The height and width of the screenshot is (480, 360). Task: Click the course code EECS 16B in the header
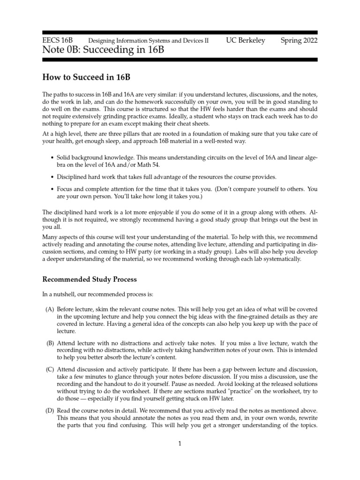pyautogui.click(x=60, y=40)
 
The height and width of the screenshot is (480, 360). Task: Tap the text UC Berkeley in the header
pyautogui.click(x=245, y=40)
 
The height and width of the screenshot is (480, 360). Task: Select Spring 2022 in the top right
pyautogui.click(x=299, y=40)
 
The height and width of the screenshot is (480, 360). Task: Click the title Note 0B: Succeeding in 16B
pyautogui.click(x=103, y=50)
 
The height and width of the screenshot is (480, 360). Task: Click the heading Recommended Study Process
pyautogui.click(x=90, y=279)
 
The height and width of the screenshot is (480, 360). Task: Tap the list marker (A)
pyautogui.click(x=49, y=309)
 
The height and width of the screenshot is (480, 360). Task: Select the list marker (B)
pyautogui.click(x=50, y=344)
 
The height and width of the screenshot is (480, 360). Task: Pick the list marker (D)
pyautogui.click(x=49, y=411)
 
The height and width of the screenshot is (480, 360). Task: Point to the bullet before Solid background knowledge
pyautogui.click(x=51, y=158)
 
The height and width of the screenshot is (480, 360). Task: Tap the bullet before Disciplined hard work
pyautogui.click(x=51, y=177)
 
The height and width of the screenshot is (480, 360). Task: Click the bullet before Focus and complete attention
pyautogui.click(x=51, y=189)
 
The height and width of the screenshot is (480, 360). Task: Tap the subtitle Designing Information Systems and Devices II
pyautogui.click(x=149, y=41)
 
